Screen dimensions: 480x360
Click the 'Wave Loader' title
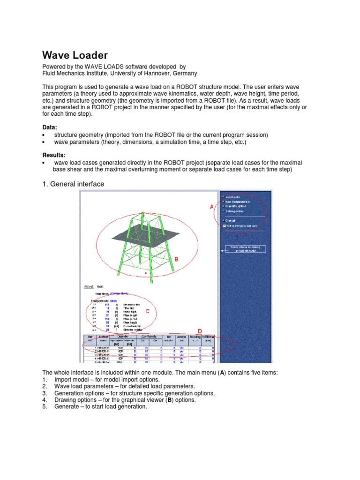75,55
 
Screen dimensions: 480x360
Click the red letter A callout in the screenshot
211,206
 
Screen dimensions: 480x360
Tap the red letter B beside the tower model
176,259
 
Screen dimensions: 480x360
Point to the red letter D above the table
199,331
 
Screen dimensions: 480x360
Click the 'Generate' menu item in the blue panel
230,220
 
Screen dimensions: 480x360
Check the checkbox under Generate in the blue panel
225,225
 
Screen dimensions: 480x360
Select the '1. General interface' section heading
73,184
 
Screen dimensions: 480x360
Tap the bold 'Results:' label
54,155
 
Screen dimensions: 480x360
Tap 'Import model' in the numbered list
72,379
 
